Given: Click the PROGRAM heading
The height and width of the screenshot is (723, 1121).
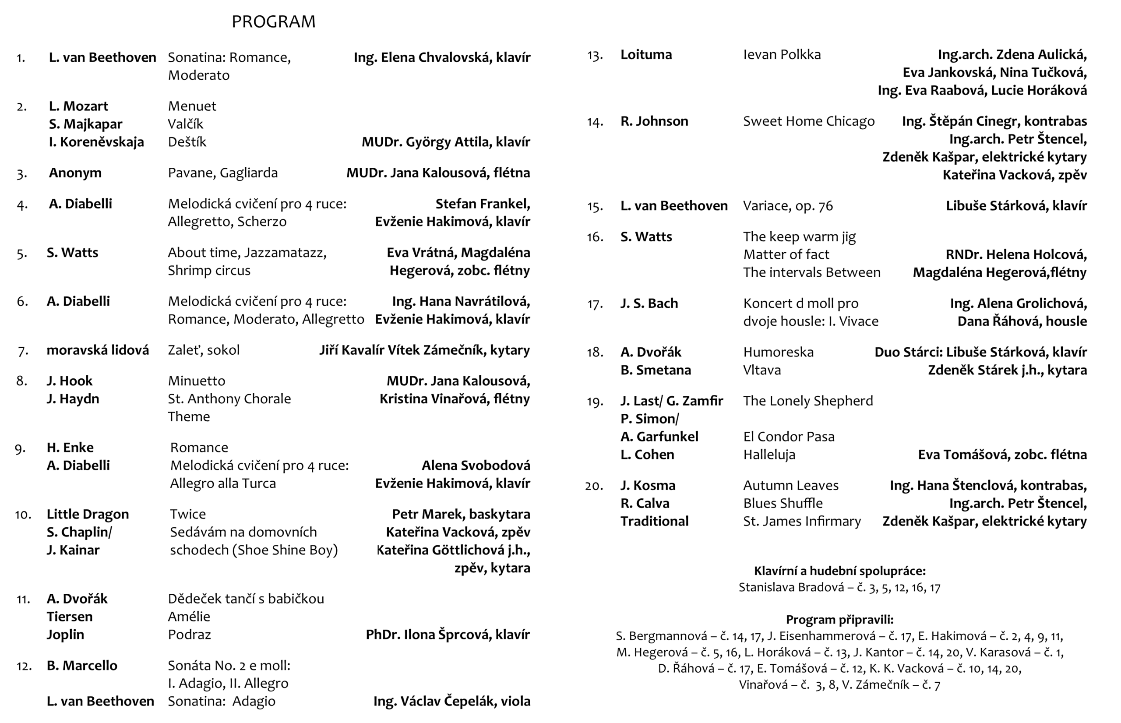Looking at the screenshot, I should coord(273,21).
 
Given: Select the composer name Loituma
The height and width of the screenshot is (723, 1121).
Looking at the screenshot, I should coord(646,54).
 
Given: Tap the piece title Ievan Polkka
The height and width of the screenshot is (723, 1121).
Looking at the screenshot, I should coord(782,54).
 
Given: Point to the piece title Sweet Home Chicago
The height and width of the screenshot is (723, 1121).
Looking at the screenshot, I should coord(808,121).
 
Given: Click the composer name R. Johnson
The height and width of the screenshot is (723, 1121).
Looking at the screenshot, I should coord(654,121).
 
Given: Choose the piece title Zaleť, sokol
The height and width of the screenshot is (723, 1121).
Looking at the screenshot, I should coord(203,350).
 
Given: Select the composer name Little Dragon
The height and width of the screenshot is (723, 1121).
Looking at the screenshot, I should coord(87,514).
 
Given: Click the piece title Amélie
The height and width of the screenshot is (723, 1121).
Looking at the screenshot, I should coord(189,617).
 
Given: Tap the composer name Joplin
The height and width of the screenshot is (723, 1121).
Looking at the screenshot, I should coord(65,634).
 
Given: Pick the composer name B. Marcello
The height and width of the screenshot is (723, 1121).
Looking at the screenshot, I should coord(82,665).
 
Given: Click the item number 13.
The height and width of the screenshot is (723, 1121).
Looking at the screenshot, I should coord(594,56).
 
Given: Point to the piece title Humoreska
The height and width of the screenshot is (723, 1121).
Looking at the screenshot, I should coord(778,352).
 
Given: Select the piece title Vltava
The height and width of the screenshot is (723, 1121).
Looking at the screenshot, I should coord(762,370).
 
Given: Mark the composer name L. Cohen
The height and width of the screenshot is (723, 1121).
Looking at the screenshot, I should coord(647,455).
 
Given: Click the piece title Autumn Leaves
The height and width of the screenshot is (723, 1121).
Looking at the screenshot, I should coord(790,486).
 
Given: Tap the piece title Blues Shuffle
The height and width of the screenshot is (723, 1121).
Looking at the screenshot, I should coord(783,503).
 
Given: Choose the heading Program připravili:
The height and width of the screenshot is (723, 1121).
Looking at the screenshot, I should coord(839,620).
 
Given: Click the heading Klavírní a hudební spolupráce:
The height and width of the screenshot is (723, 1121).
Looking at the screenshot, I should coord(839,571).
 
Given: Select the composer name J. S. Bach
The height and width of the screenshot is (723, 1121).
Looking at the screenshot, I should coord(649,303).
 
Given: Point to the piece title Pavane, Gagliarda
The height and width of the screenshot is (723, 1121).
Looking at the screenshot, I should coord(222,173).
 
